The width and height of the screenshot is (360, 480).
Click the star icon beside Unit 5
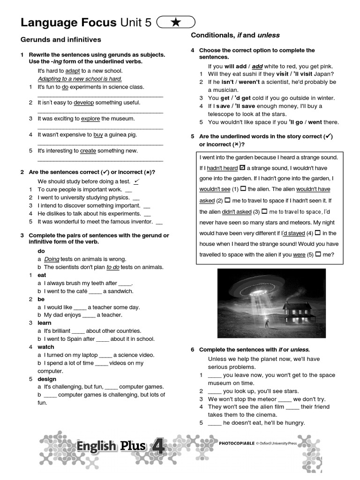(176, 22)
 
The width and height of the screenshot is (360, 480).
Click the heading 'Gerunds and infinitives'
(61, 39)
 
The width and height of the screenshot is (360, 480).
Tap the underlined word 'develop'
(84, 103)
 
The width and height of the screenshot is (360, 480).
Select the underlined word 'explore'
(90, 119)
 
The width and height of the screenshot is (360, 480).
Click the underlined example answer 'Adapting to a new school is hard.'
(80, 79)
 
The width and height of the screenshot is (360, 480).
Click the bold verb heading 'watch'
(46, 347)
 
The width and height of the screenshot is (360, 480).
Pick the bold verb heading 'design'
(47, 379)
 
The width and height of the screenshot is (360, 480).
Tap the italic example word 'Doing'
(52, 259)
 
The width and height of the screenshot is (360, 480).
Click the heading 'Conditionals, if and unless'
(235, 35)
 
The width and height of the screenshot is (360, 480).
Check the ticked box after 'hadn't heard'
(242, 168)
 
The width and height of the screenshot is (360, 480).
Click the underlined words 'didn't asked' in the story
(237, 211)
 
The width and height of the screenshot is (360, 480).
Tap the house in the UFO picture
(297, 312)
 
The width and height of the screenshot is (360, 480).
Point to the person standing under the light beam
(268, 323)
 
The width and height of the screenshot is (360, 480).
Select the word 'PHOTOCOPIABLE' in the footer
(237, 442)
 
